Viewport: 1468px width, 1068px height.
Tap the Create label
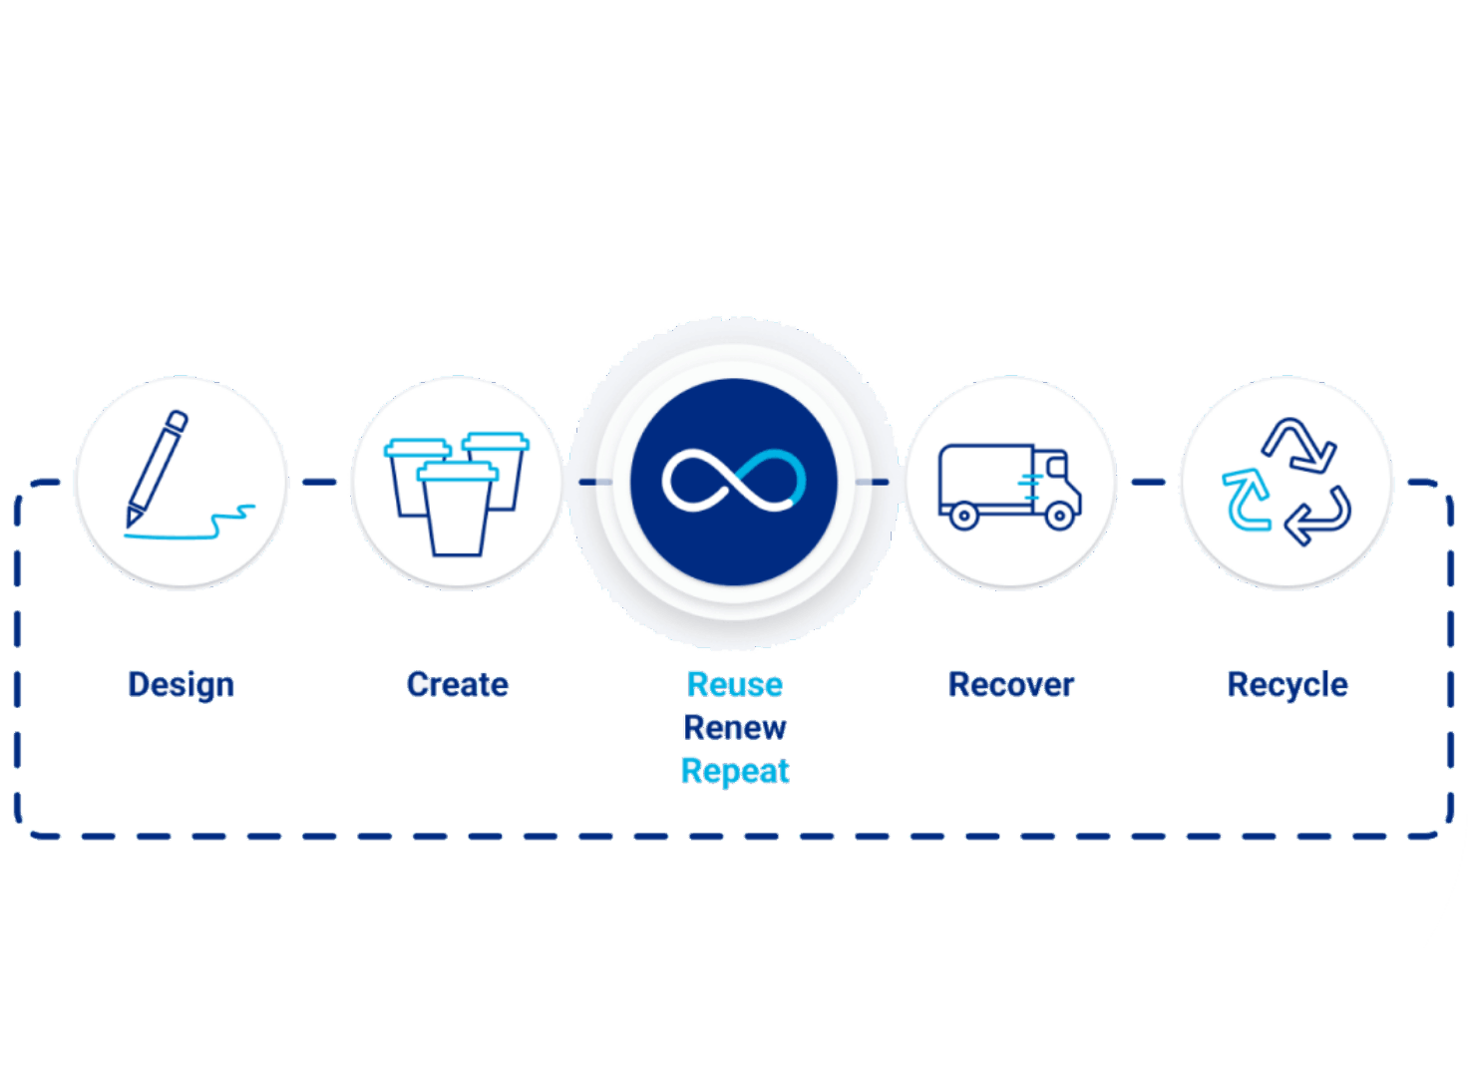pyautogui.click(x=458, y=685)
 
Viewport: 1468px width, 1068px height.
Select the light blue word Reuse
pyautogui.click(x=735, y=685)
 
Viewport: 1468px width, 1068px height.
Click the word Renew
pyautogui.click(x=735, y=727)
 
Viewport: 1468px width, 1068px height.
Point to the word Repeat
pyautogui.click(x=735, y=772)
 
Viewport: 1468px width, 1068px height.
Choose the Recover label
pyautogui.click(x=1011, y=685)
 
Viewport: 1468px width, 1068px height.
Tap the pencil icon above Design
pyautogui.click(x=157, y=469)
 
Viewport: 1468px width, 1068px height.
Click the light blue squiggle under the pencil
pyautogui.click(x=190, y=525)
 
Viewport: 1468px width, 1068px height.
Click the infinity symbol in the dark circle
pyautogui.click(x=734, y=481)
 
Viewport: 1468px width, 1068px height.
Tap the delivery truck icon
pyautogui.click(x=1010, y=487)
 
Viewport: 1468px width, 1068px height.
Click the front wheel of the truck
pyautogui.click(x=1059, y=516)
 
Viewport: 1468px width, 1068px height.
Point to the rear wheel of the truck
pyautogui.click(x=964, y=516)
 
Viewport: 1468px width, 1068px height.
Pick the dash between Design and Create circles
pyautogui.click(x=319, y=483)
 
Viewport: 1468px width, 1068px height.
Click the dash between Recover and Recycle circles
pyautogui.click(x=1148, y=483)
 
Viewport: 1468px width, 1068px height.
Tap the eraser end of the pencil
pyautogui.click(x=178, y=420)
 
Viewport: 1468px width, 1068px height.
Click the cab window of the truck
pyautogui.click(x=1056, y=466)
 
